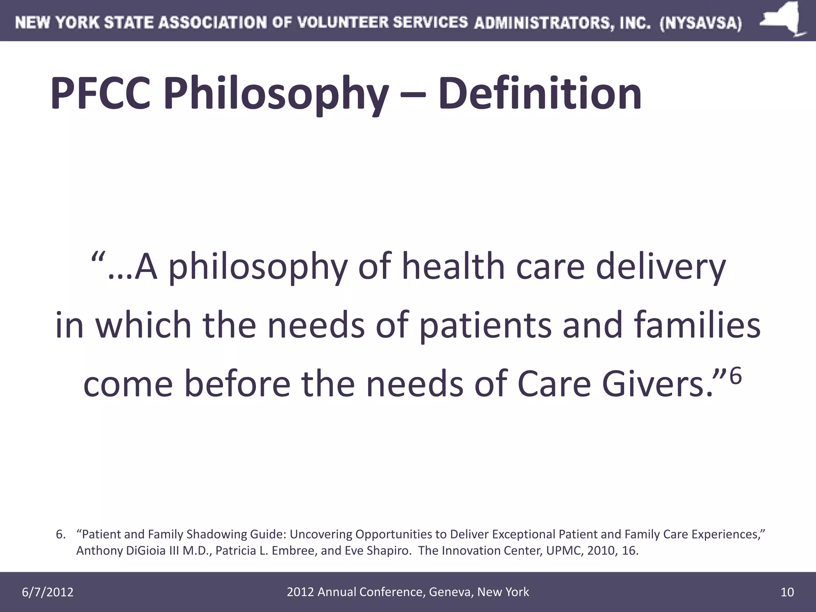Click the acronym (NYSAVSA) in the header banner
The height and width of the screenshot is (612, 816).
coord(701,23)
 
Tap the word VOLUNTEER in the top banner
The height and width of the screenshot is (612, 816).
coord(343,23)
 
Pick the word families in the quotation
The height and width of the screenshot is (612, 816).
coord(697,325)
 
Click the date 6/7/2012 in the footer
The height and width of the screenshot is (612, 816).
coord(47,592)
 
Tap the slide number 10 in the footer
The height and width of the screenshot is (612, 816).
coord(787,592)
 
